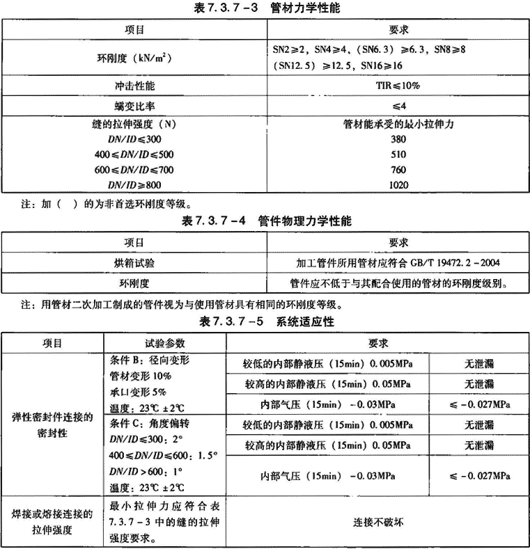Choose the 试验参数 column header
click(165, 343)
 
